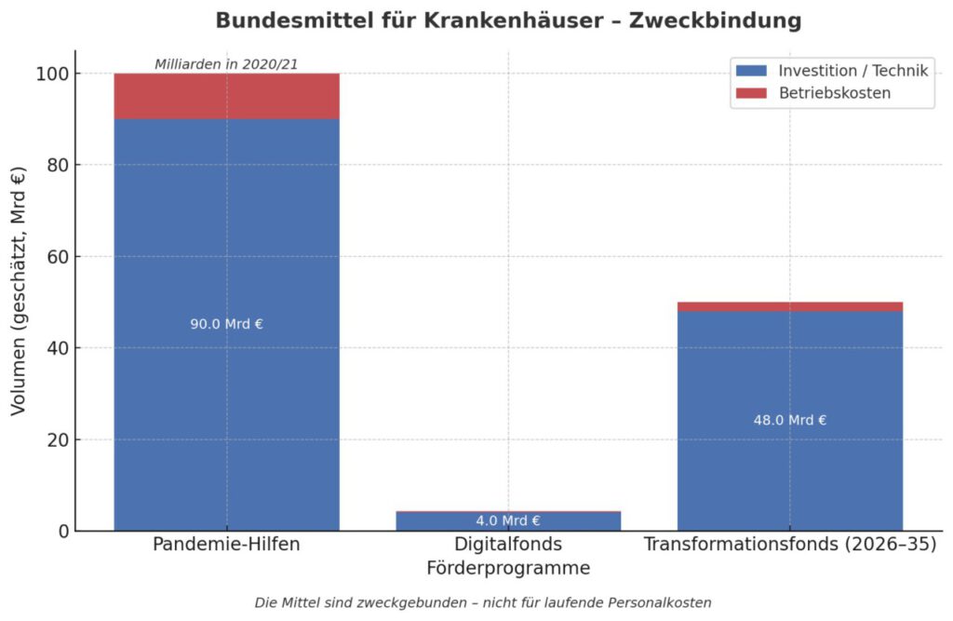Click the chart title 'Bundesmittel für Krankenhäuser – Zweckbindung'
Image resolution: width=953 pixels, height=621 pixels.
tap(508, 20)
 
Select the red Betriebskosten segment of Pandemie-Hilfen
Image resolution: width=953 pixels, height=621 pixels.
tap(226, 97)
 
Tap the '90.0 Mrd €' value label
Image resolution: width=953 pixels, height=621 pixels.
tap(226, 324)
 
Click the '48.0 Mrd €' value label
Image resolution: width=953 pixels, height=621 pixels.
tap(789, 420)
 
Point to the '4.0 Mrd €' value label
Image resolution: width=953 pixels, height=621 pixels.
tap(507, 520)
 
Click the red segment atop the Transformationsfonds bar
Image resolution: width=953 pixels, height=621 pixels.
tap(789, 306)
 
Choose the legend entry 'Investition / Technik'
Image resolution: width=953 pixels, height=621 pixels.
tap(853, 71)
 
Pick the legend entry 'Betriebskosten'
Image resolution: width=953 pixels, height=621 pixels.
tap(834, 93)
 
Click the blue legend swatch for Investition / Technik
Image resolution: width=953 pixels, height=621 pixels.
tap(750, 71)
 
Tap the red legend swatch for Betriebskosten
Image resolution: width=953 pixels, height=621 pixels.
tap(750, 93)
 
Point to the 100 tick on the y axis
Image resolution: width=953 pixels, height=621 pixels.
tap(55, 74)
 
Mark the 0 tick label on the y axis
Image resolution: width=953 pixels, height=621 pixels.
tap(64, 532)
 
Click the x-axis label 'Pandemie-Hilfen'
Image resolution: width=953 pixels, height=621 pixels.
tap(226, 545)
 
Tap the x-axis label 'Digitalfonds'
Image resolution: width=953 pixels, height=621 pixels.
tap(507, 545)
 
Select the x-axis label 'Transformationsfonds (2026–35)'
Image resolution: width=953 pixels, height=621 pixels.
tap(789, 545)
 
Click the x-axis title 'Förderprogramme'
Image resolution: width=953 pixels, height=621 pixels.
tap(507, 568)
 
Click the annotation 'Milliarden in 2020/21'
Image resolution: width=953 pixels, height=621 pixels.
tap(226, 64)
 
